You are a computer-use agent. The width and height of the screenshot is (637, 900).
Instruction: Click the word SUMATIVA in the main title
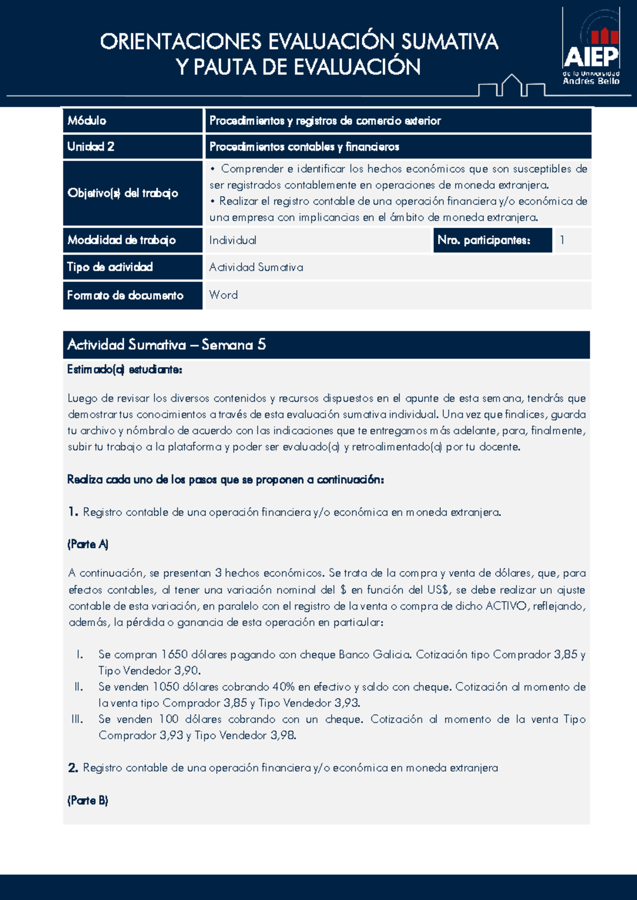[449, 41]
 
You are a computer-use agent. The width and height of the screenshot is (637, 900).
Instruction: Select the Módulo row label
[87, 120]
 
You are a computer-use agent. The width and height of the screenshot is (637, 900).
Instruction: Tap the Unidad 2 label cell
[91, 146]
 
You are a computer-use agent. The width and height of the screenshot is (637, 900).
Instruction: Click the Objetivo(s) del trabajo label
[123, 193]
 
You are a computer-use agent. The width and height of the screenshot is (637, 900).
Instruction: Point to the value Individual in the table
[233, 240]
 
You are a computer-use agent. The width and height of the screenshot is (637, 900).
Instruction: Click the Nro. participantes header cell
[484, 240]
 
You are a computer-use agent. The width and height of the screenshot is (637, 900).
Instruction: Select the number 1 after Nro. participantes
[562, 240]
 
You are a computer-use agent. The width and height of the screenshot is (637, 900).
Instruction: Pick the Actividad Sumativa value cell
[256, 267]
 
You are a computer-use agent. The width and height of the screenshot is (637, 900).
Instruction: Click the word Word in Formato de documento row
[223, 295]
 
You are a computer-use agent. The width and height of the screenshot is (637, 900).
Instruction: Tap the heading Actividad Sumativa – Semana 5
[166, 345]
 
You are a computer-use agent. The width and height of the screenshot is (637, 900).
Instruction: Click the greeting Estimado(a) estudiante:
[125, 369]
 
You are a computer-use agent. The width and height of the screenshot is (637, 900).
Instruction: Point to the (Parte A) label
[88, 544]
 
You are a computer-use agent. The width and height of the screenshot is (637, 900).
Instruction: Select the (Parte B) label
[88, 801]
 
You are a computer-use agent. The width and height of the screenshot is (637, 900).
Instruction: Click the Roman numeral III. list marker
[78, 719]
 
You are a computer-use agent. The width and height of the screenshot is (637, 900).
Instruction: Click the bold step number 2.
[73, 768]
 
